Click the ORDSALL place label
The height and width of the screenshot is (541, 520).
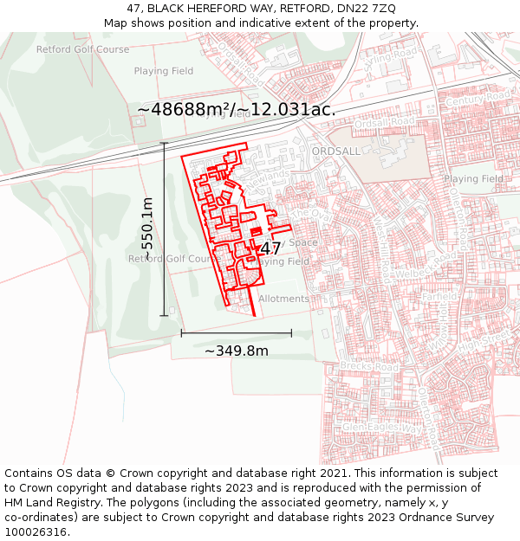coord(335,151)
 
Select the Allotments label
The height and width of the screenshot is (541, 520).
coord(283,299)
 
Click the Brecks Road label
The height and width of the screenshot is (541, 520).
coord(370,368)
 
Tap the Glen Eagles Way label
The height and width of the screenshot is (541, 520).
coord(381,428)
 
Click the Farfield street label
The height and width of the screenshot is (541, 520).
coord(439,296)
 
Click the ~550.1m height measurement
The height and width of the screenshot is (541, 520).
coord(147,229)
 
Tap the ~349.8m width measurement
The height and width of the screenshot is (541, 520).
coord(236,351)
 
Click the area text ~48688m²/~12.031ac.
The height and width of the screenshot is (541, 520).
coord(236,110)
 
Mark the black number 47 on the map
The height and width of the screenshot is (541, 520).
coord(270,249)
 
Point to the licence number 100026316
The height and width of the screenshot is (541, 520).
coord(36,532)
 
